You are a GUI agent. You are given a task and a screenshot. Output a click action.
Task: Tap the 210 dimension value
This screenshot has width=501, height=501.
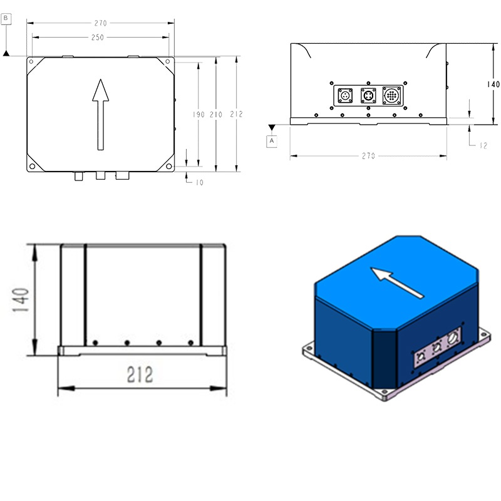215,115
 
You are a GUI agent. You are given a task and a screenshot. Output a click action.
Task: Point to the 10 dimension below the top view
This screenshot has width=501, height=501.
200,182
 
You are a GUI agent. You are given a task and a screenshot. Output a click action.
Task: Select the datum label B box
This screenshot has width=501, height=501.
6,19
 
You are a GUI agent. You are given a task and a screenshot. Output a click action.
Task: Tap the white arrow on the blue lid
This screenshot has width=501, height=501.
396,282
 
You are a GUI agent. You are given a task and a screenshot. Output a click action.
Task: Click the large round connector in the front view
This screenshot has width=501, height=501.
393,96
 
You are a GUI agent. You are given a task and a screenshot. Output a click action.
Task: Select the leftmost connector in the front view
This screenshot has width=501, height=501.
344,96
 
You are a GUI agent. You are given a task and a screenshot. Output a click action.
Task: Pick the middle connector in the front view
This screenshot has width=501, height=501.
368,96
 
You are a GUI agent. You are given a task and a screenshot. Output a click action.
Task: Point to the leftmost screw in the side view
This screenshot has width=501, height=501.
95,342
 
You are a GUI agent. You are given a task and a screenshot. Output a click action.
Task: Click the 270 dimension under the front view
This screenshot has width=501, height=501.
368,156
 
